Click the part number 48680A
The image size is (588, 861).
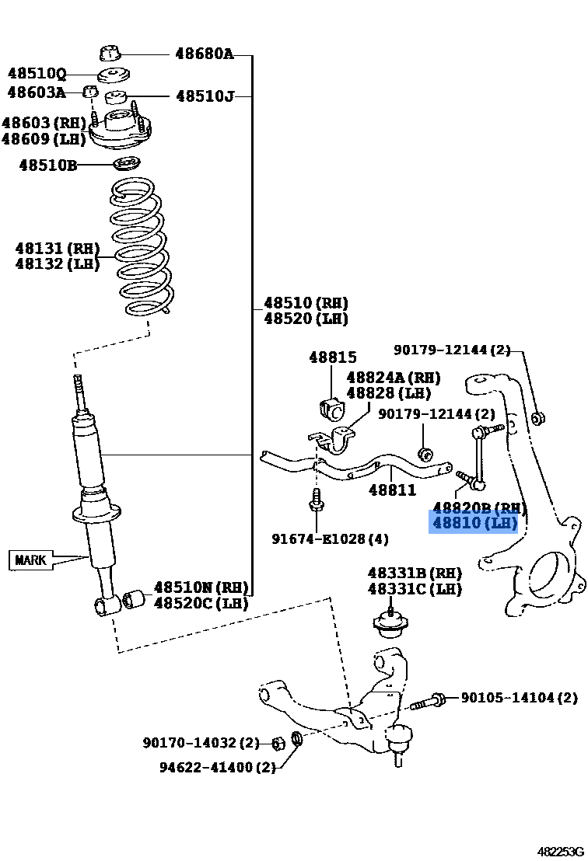(x=204, y=54)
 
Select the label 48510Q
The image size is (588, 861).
(x=37, y=75)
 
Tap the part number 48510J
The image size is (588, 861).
(x=205, y=96)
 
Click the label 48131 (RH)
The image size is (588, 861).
(x=58, y=249)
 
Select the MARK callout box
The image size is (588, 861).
(x=32, y=559)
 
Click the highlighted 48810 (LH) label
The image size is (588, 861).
(x=474, y=523)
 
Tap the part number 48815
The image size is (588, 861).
(x=332, y=358)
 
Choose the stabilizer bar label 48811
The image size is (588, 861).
(x=392, y=490)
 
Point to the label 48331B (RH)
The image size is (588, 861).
(x=415, y=573)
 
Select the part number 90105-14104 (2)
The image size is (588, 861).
(x=519, y=698)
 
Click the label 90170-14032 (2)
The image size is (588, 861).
(x=201, y=744)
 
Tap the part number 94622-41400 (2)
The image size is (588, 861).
(x=218, y=767)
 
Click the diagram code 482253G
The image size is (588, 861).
(x=559, y=851)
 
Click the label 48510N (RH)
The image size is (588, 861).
(x=201, y=587)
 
